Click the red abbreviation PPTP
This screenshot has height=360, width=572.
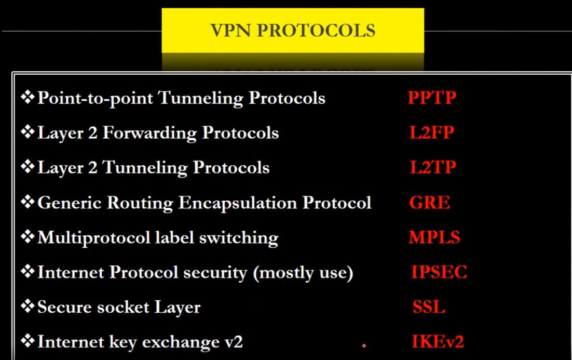(x=432, y=98)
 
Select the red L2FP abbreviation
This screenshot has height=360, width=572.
(x=431, y=132)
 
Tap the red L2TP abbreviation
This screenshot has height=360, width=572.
(x=433, y=167)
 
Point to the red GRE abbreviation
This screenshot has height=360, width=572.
(x=430, y=202)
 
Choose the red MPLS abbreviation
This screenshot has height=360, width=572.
(x=434, y=237)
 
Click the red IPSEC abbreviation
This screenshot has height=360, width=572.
(x=439, y=272)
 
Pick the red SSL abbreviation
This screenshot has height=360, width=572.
(x=429, y=306)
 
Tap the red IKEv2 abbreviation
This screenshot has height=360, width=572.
(x=438, y=341)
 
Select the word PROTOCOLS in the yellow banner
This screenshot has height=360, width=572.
(x=316, y=30)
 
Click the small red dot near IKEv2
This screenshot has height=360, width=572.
(x=364, y=345)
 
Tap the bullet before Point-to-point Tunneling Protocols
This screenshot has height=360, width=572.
(x=28, y=97)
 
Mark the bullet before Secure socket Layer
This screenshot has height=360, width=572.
(x=28, y=306)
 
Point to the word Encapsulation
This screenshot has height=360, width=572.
(x=238, y=203)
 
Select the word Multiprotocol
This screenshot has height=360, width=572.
(x=94, y=238)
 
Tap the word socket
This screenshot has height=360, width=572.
(x=120, y=307)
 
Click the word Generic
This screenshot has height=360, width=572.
(x=70, y=203)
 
